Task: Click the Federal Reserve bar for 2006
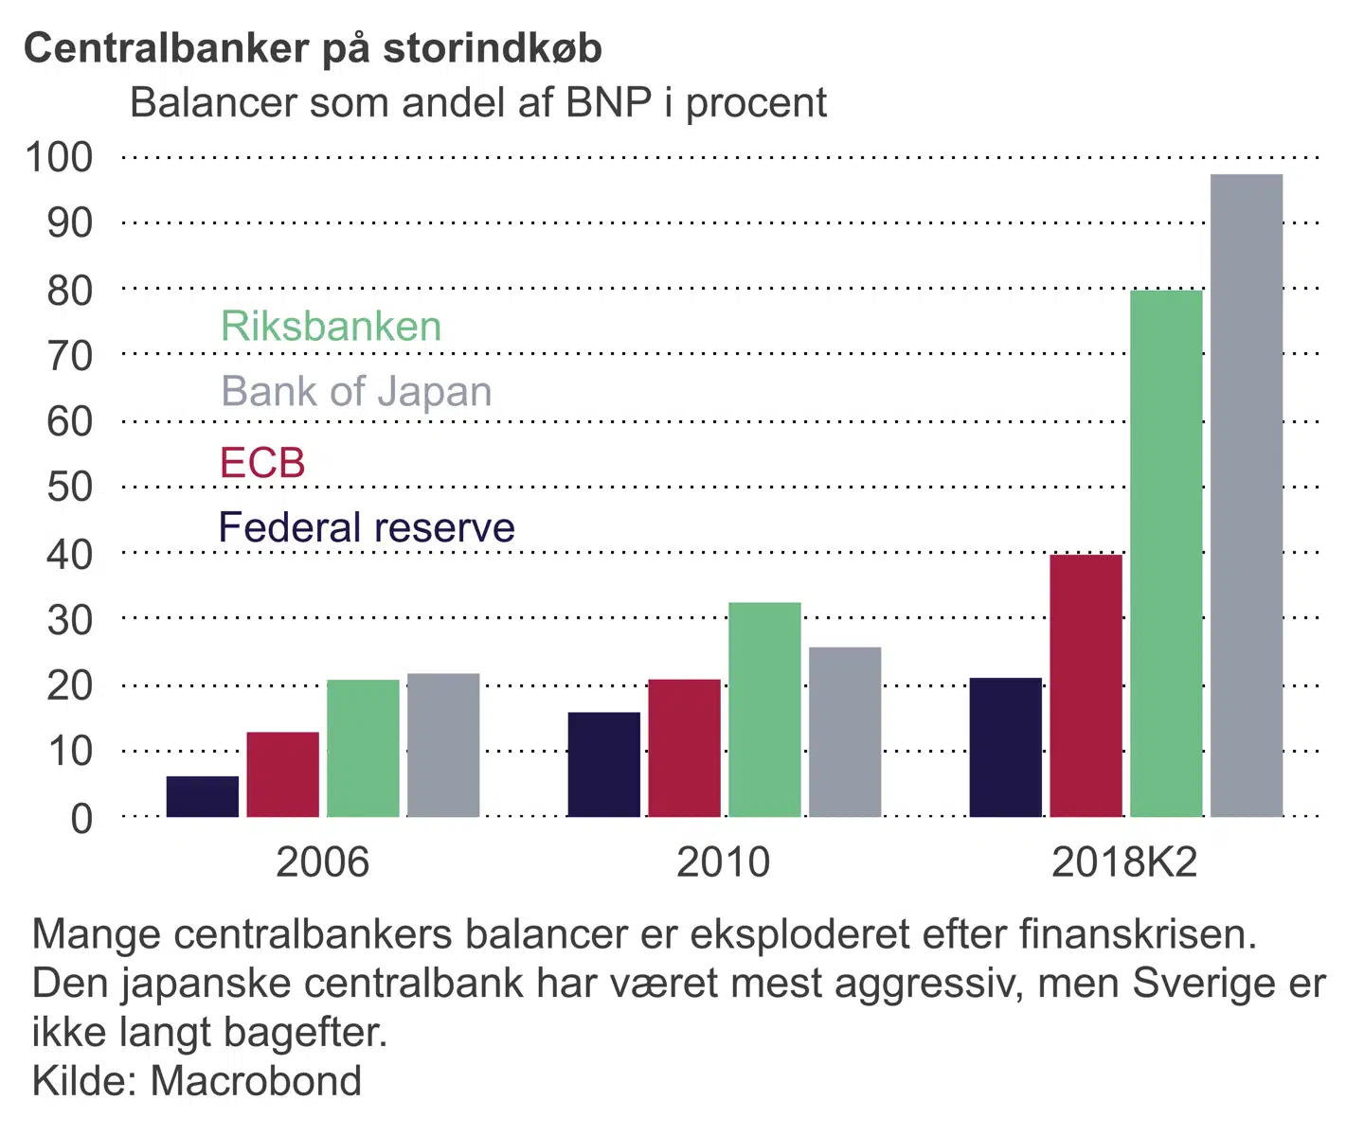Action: pyautogui.click(x=203, y=796)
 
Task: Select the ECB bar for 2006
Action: pyautogui.click(x=282, y=774)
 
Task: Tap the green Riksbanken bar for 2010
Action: pyautogui.click(x=764, y=710)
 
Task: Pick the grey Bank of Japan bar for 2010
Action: pyautogui.click(x=845, y=732)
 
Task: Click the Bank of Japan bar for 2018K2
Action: pyautogui.click(x=1247, y=495)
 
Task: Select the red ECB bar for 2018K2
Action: pyautogui.click(x=1086, y=685)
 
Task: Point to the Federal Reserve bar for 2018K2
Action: pyautogui.click(x=1005, y=747)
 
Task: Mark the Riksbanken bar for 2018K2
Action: pyautogui.click(x=1166, y=554)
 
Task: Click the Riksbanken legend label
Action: pyautogui.click(x=332, y=327)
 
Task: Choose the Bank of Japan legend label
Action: pyautogui.click(x=356, y=392)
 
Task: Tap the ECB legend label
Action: pyautogui.click(x=262, y=463)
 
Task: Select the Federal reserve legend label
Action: pyautogui.click(x=367, y=527)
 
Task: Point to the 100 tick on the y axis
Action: pyautogui.click(x=59, y=157)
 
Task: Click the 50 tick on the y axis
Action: pyautogui.click(x=69, y=487)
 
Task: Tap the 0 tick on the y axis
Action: pyautogui.click(x=81, y=818)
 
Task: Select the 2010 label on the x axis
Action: pyautogui.click(x=723, y=862)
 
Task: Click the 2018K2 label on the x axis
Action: pyautogui.click(x=1124, y=862)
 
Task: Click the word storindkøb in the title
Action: pyautogui.click(x=492, y=49)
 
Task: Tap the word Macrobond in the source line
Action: pyautogui.click(x=256, y=1081)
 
